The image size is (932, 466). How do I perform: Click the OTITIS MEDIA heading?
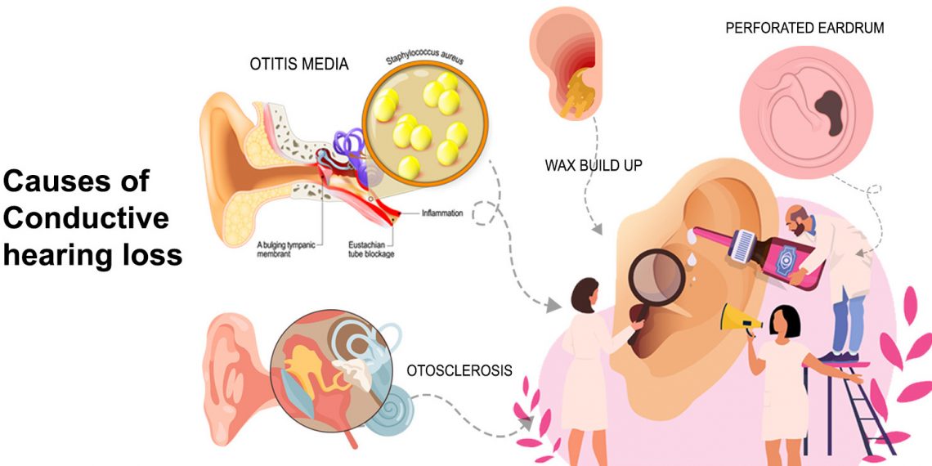[299, 64]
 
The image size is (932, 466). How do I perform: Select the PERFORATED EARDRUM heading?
[804, 28]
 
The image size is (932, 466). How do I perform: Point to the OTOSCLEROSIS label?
[459, 370]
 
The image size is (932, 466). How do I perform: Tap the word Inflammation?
[442, 213]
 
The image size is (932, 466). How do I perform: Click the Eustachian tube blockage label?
[371, 248]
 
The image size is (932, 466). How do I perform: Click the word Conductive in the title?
[87, 218]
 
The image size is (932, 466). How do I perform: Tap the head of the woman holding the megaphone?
[782, 320]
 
